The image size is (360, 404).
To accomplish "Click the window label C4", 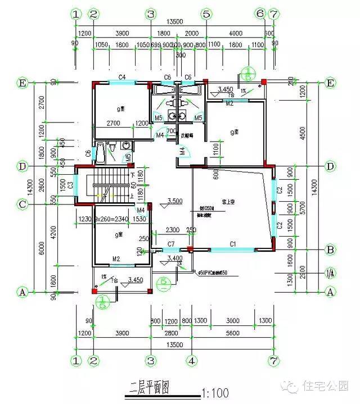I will click(x=121, y=76).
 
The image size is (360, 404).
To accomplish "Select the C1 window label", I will click(x=231, y=243).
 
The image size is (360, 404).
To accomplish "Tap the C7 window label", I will click(x=172, y=243).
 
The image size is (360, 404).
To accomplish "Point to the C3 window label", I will click(x=70, y=185).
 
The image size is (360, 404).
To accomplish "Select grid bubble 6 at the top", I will click(x=260, y=13).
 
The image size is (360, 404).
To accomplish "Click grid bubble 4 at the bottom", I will click(x=192, y=359).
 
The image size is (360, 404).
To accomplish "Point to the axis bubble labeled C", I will click(x=22, y=205).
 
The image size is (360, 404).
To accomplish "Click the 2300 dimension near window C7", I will click(x=173, y=230).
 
